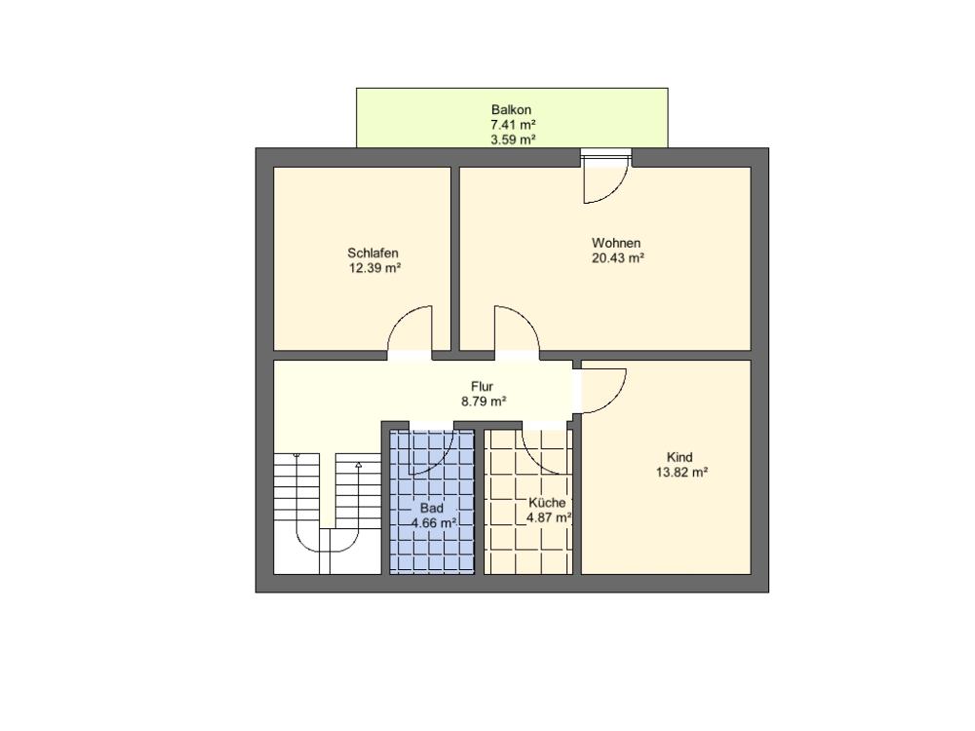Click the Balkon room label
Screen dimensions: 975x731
click(x=511, y=110)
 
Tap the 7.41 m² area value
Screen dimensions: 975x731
click(x=513, y=125)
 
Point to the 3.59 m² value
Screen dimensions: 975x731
click(x=513, y=139)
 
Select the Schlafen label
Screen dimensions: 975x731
click(x=372, y=253)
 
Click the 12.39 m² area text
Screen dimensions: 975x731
click(x=374, y=269)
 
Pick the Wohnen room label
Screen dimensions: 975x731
click(x=615, y=243)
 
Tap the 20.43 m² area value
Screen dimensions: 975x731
click(x=617, y=258)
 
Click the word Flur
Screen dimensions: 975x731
click(x=482, y=387)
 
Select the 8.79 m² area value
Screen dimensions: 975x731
click(x=484, y=402)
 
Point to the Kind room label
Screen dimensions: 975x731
click(x=680, y=457)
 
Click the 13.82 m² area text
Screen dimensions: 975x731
click(x=682, y=473)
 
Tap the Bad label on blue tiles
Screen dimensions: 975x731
click(x=432, y=508)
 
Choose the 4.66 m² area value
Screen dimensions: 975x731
click(x=434, y=522)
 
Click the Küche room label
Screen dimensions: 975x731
click(x=547, y=503)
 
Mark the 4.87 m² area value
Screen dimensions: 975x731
click(x=549, y=518)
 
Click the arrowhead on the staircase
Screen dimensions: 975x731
click(x=358, y=464)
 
